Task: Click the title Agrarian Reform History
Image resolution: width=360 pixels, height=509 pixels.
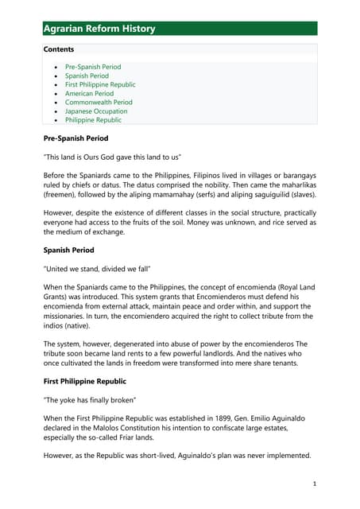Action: tap(99, 29)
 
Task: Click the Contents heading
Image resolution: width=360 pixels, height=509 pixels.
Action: tap(59, 49)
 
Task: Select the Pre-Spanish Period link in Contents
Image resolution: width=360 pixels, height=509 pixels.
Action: tap(93, 67)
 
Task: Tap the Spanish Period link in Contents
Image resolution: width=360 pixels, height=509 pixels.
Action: tap(87, 76)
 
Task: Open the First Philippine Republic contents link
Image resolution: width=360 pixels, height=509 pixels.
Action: tap(100, 84)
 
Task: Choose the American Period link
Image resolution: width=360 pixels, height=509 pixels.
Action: tap(89, 93)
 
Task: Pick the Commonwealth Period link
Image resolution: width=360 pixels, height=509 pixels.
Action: tap(99, 103)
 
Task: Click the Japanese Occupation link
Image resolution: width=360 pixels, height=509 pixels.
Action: tap(96, 111)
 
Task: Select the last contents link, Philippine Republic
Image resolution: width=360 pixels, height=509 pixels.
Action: tap(93, 120)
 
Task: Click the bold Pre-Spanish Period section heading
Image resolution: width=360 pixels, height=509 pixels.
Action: tap(76, 138)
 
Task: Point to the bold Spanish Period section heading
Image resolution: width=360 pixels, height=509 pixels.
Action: tap(69, 251)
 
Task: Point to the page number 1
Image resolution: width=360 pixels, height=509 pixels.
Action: tap(315, 484)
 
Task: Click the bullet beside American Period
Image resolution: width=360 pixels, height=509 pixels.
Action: tap(54, 94)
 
